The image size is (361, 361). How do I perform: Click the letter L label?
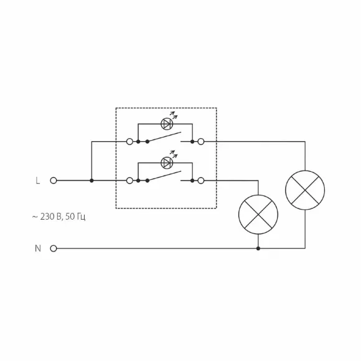pyautogui.click(x=38, y=180)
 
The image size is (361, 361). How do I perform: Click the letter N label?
pyautogui.click(x=38, y=248)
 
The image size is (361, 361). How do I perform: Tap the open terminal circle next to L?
pyautogui.click(x=54, y=180)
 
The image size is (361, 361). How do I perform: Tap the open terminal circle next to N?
pyautogui.click(x=54, y=248)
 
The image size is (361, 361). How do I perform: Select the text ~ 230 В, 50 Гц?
pyautogui.click(x=59, y=217)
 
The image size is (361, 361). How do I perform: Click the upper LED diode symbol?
pyautogui.click(x=167, y=124)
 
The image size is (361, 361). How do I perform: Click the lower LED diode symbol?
pyautogui.click(x=167, y=163)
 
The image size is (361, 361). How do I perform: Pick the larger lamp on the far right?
pyautogui.click(x=305, y=190)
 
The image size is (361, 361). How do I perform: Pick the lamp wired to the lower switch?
pyautogui.click(x=258, y=215)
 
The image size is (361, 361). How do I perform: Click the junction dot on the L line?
pyautogui.click(x=91, y=180)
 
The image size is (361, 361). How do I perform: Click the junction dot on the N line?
pyautogui.click(x=258, y=248)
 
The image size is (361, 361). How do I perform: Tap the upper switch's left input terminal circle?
pyautogui.click(x=130, y=141)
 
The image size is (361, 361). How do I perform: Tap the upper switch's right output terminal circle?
pyautogui.click(x=201, y=141)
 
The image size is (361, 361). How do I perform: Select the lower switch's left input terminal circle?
pyautogui.click(x=130, y=180)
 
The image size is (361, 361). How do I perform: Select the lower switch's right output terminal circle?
pyautogui.click(x=201, y=180)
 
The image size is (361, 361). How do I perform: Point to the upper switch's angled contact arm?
pyautogui.click(x=164, y=137)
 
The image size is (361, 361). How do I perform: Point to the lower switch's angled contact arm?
pyautogui.click(x=164, y=176)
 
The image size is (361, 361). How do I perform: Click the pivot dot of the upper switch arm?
pyautogui.click(x=148, y=141)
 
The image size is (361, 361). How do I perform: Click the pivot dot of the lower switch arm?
pyautogui.click(x=148, y=180)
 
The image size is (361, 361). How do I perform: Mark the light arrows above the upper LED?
pyautogui.click(x=174, y=115)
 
